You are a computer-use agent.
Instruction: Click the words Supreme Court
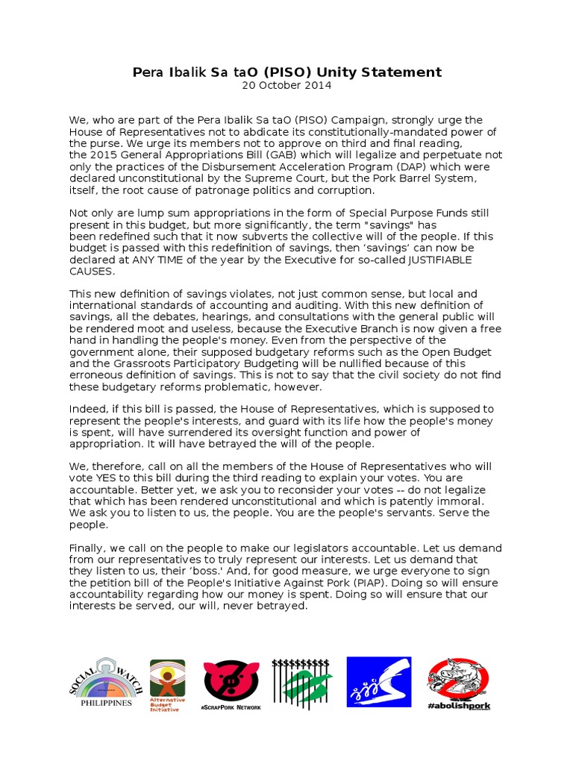click(277, 179)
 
